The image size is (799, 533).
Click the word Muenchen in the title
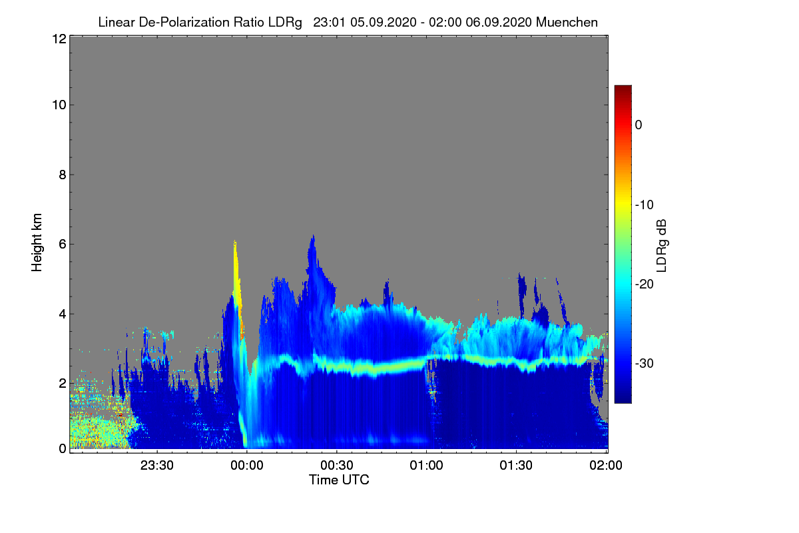567,22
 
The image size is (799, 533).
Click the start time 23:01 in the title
330,22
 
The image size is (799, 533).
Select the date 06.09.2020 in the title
498,22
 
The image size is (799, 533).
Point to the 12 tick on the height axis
58,39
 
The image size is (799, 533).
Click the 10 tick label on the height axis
58,105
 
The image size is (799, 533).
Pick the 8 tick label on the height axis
61,175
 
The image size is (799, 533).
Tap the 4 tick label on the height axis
61,313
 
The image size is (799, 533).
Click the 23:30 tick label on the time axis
157,466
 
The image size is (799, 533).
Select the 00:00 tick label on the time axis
247,466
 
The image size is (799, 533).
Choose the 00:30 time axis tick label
337,466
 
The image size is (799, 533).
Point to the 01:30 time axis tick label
517,466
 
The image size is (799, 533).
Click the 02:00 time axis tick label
607,466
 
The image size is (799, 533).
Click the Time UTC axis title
339,480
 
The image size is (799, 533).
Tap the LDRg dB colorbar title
662,246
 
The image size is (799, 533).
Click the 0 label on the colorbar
639,125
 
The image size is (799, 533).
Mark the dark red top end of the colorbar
623,89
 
